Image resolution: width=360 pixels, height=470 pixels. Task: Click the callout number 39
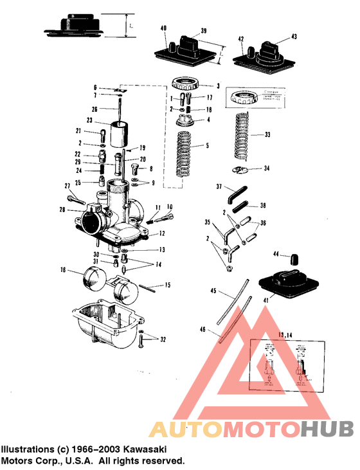[203, 31]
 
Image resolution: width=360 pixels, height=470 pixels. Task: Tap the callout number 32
[163, 339]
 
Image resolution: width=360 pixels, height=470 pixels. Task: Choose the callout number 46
[203, 329]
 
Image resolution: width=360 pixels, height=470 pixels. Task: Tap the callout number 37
[219, 187]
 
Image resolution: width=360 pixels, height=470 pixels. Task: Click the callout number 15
[167, 284]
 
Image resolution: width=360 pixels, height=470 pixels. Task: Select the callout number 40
[163, 28]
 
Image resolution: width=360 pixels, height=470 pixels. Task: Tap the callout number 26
[94, 109]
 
